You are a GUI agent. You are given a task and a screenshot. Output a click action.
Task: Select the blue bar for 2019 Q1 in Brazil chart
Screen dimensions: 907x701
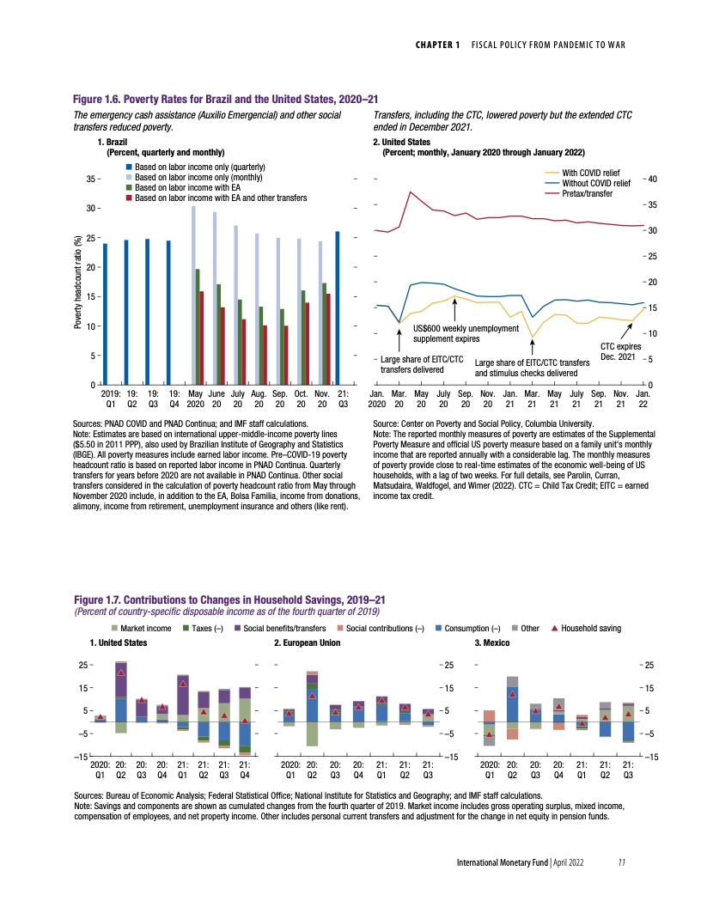coord(106,313)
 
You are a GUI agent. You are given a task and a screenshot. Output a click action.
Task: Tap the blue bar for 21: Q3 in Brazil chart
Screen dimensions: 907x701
coord(338,307)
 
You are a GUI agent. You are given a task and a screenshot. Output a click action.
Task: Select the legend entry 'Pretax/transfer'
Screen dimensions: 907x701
coord(588,194)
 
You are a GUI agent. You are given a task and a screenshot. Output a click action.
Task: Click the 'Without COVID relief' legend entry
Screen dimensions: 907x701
coord(595,184)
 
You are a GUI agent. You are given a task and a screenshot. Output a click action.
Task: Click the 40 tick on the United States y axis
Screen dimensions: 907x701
coord(652,179)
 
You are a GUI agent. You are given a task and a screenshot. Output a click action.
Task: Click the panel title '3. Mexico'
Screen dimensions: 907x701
coord(492,642)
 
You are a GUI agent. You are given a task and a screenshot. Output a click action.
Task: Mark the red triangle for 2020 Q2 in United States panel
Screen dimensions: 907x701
coord(121,673)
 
